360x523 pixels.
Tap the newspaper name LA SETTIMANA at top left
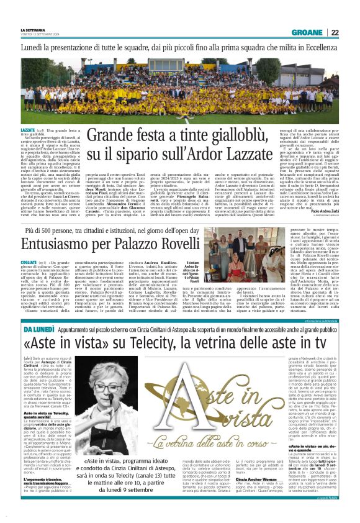(x=34, y=30)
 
